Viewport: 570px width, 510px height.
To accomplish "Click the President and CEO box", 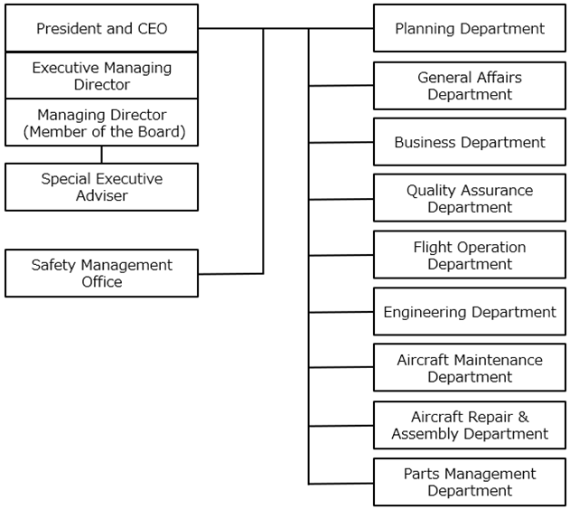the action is pos(101,28).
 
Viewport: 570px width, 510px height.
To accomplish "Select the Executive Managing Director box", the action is pos(101,76).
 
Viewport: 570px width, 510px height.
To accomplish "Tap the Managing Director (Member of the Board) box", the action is pos(101,123).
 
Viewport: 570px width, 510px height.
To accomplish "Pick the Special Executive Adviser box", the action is pos(101,187).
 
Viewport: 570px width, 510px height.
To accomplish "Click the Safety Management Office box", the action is pos(101,273).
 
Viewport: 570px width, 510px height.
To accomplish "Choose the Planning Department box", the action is pos(470,28).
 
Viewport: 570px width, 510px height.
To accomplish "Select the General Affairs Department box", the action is pos(470,86).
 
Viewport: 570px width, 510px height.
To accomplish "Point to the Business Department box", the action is pos(470,142).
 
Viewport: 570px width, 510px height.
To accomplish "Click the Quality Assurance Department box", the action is pos(470,198).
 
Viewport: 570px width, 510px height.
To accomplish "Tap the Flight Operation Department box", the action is pos(470,255).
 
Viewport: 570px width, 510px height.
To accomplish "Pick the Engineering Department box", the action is pos(470,312).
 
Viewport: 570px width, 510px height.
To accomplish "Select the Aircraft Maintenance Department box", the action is pos(470,368).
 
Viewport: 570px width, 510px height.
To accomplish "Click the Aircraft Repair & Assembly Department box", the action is pos(470,425).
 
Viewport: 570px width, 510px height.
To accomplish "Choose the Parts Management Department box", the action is pos(470,482).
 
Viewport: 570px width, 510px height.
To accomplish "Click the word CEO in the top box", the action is pos(153,28).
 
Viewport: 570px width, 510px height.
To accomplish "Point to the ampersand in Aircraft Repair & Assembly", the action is pos(523,417).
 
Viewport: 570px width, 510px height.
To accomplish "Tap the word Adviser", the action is pos(102,195).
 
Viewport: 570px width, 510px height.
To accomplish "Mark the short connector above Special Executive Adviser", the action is pos(101,155).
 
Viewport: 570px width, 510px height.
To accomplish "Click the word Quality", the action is pos(429,191).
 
